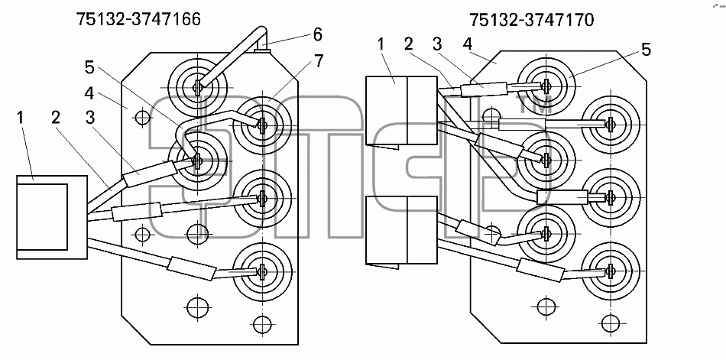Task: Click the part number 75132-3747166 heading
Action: pos(138,19)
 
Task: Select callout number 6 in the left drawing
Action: pos(317,34)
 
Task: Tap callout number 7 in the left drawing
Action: pos(319,60)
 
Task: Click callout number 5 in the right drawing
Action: pos(647,49)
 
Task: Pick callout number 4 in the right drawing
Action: pos(467,44)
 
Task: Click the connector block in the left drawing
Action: pos(52,217)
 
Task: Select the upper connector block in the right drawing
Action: pos(401,111)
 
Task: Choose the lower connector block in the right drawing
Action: pos(401,230)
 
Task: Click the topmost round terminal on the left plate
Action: pos(198,86)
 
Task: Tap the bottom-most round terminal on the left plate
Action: pos(263,270)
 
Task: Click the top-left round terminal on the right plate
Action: pos(546,86)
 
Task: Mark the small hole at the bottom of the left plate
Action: pos(263,324)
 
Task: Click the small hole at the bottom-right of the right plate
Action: pos(611,323)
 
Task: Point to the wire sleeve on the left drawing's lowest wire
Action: pos(191,268)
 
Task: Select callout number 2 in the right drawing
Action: pos(408,44)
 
